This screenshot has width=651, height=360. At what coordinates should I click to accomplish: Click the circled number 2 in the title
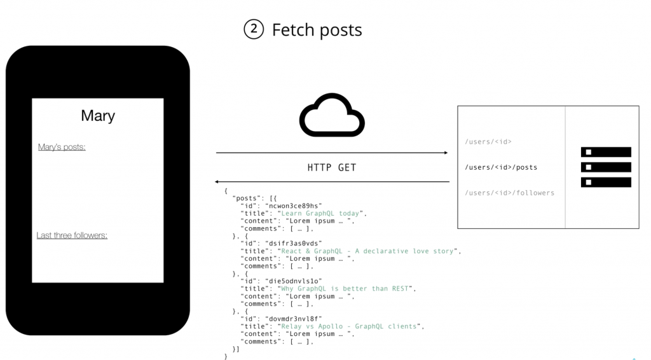click(x=253, y=29)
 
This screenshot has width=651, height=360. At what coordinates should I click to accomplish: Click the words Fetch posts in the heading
click(x=317, y=30)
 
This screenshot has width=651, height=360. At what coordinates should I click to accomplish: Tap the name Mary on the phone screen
click(x=98, y=116)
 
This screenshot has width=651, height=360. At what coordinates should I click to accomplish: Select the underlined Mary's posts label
click(x=62, y=147)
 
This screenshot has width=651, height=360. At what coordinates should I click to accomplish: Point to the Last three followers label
click(x=72, y=235)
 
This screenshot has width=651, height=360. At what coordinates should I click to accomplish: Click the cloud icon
click(x=332, y=116)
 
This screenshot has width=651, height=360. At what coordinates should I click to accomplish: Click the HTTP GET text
click(x=332, y=168)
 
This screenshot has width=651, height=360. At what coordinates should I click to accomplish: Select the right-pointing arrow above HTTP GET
click(x=332, y=153)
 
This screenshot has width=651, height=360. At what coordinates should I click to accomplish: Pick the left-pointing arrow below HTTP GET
click(x=332, y=182)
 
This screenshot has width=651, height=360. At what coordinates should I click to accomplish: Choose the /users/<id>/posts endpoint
click(x=501, y=167)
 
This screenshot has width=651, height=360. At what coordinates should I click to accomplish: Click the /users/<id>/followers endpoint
click(x=509, y=193)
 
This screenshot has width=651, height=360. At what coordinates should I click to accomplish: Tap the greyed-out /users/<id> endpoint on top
click(x=488, y=142)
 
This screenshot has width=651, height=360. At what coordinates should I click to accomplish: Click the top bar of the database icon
click(x=606, y=152)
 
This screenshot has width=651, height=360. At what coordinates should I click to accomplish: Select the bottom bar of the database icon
click(x=606, y=183)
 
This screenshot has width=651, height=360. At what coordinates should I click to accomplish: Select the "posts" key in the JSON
click(x=247, y=198)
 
